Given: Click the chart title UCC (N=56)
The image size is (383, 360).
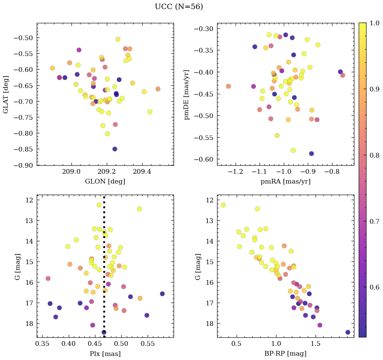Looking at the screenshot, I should coord(179,7).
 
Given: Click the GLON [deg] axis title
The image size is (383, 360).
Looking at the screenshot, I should coord(105,182).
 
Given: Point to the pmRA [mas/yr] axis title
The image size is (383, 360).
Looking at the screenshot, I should coord(285,182).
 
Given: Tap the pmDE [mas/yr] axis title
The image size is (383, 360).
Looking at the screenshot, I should coord(186,94).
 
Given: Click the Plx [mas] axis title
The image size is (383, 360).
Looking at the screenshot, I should coord(105,354).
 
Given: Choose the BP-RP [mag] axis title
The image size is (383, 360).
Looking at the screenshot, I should coord(285,354).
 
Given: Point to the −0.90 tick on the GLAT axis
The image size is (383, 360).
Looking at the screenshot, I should coord(23,165).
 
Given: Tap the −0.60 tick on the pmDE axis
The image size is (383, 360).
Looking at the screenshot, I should coord(203,159).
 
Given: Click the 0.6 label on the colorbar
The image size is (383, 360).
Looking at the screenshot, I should coord(374,287).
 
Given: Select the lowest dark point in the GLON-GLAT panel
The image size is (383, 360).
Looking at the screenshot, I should coord(115,149).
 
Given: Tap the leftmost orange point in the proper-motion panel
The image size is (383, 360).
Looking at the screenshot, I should coord(228,86).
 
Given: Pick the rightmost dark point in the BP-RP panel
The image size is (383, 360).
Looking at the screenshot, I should coord(348,332).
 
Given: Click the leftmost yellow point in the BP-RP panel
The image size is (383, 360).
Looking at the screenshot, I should coord(223,205).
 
